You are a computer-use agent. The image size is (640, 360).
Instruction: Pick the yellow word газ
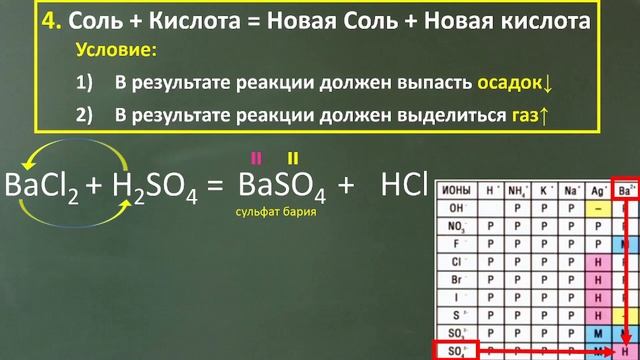click(x=520, y=115)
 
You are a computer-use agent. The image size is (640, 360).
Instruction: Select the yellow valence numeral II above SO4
click(x=293, y=157)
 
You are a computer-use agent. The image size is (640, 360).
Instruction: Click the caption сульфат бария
click(x=268, y=212)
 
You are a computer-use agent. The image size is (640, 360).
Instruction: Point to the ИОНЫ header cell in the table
click(x=456, y=189)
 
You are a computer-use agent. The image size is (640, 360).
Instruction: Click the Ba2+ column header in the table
click(x=626, y=189)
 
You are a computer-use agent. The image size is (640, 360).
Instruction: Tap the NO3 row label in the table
click(x=456, y=225)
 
